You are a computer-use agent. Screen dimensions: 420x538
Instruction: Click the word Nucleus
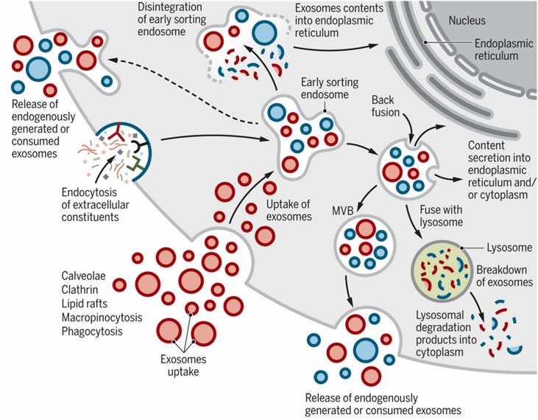467,18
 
